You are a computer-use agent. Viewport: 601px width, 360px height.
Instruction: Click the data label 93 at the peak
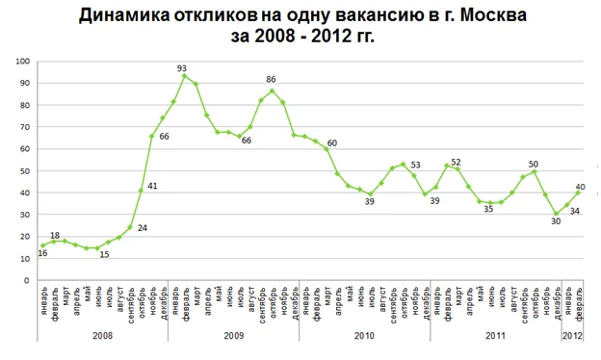point(181,67)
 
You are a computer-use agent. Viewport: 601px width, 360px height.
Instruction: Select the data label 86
point(272,80)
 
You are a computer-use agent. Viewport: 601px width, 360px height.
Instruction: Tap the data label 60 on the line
point(331,143)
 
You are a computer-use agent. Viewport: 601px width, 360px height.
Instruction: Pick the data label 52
point(457,162)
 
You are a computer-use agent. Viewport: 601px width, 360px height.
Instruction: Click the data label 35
point(488,208)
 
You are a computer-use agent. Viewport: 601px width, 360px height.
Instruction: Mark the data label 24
point(141,228)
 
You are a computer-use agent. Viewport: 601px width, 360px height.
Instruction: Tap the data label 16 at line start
point(43,253)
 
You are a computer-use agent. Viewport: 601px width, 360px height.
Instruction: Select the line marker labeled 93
point(184,76)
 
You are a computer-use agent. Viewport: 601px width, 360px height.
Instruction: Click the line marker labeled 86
point(273,91)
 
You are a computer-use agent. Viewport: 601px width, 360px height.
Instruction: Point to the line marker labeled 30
point(557,214)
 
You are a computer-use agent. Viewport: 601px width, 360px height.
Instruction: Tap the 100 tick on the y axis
point(23,61)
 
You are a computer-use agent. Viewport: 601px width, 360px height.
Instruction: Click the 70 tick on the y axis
point(25,127)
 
